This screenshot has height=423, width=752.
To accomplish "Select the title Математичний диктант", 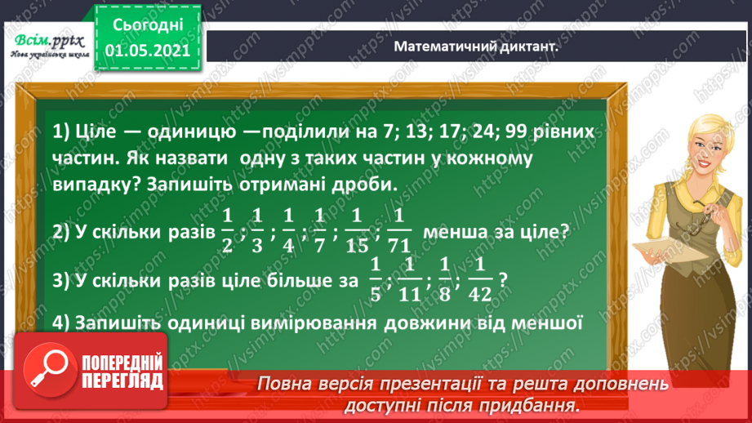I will click(x=476, y=47).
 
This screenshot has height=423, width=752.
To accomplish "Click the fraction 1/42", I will click(x=481, y=278).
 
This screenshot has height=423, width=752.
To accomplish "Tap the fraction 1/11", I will click(x=412, y=278).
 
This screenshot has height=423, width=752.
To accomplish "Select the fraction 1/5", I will click(x=375, y=278).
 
